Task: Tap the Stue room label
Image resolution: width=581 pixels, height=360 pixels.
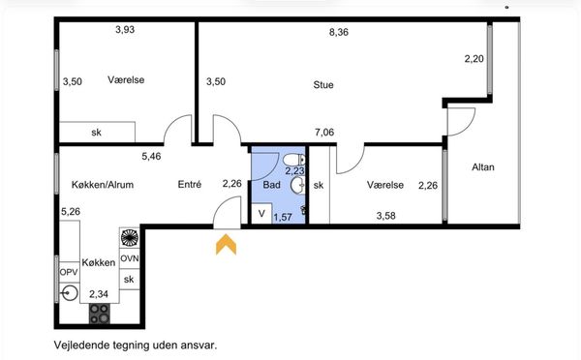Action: (323, 85)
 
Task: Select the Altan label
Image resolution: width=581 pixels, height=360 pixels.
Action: (483, 167)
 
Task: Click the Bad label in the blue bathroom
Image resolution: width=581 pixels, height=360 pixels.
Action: (271, 185)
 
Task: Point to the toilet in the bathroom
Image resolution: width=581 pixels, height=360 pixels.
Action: (293, 160)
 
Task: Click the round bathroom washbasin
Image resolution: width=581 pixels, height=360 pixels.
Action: (297, 185)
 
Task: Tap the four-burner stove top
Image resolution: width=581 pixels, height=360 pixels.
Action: (100, 314)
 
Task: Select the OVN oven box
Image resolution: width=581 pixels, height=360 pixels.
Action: (130, 257)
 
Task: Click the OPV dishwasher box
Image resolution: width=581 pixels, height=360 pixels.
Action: (69, 272)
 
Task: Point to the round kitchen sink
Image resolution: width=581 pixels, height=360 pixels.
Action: (70, 293)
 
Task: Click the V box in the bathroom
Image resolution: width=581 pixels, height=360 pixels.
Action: (262, 213)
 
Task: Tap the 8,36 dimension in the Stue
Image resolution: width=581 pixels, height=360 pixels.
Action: (339, 32)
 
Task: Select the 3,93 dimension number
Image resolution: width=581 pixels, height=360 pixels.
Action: (125, 30)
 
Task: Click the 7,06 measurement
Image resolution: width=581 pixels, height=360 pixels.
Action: (324, 132)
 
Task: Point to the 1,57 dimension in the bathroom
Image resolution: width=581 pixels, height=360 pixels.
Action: (283, 217)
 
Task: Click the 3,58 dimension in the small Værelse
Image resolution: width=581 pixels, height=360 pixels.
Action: (385, 216)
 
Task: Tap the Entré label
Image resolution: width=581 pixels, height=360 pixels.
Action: (190, 184)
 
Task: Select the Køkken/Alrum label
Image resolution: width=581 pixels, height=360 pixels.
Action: (103, 185)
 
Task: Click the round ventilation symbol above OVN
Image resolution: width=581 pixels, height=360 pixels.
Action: (130, 237)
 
